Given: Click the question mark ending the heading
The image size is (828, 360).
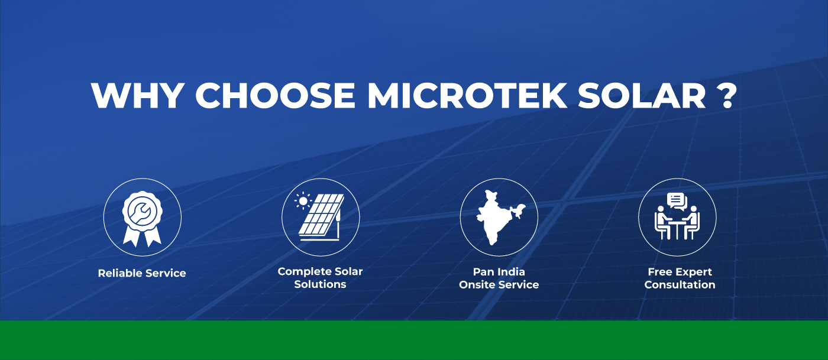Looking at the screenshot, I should (729, 95).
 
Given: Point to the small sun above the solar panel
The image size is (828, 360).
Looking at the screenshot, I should (303, 200).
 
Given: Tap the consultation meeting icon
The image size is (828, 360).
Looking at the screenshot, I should (677, 218).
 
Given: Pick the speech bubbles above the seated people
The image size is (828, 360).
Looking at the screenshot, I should (677, 201).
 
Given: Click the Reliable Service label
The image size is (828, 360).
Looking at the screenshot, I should (142, 273).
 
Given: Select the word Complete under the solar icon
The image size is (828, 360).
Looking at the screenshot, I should (301, 272).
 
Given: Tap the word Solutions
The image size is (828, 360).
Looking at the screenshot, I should (320, 284).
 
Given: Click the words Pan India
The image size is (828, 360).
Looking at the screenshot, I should (499, 272).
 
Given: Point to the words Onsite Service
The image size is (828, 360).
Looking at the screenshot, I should (499, 284).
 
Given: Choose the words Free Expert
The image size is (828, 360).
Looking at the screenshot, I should (680, 272).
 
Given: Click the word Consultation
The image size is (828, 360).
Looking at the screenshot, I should (680, 284).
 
